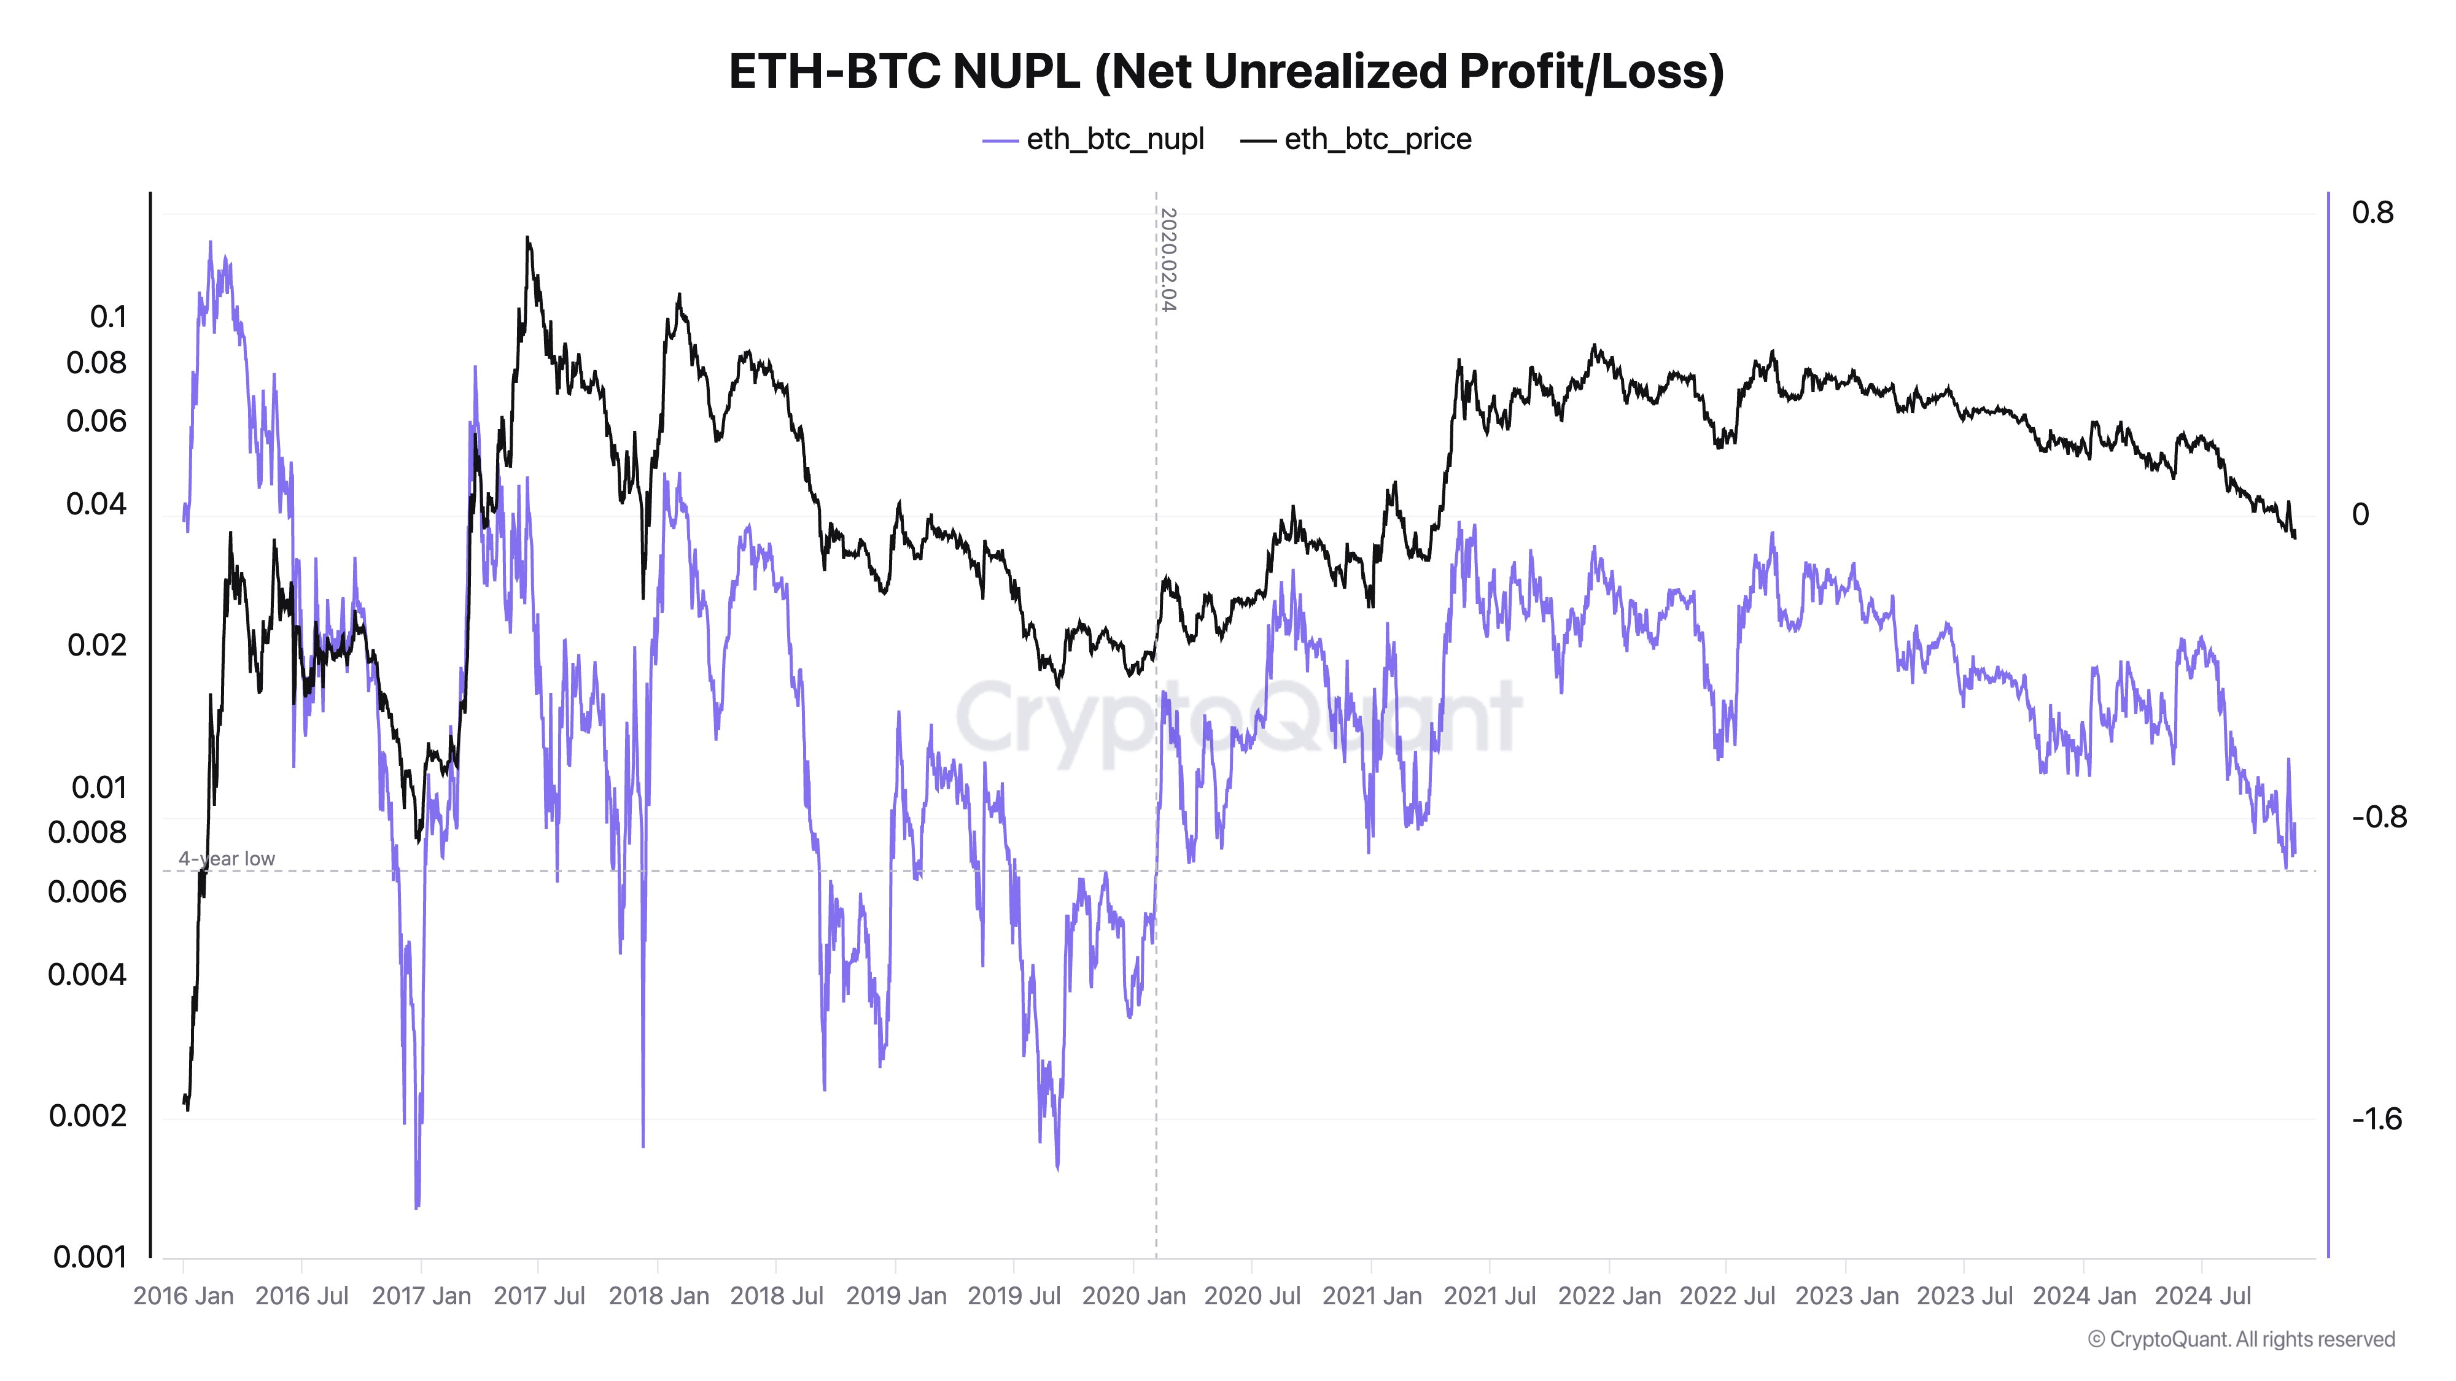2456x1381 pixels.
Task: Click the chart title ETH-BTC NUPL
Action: click(1226, 71)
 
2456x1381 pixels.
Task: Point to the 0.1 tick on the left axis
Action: click(107, 317)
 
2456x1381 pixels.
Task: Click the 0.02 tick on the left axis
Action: click(96, 645)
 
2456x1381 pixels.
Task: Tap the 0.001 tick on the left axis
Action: click(90, 1258)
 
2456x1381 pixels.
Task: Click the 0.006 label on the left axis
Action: click(87, 892)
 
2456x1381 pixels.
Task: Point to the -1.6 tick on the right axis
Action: click(2376, 1119)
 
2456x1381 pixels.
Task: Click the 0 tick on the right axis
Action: click(2361, 515)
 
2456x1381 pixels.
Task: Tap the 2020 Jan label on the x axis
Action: click(1133, 1296)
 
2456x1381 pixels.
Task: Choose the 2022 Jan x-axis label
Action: click(1609, 1296)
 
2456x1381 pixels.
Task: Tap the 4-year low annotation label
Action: click(227, 859)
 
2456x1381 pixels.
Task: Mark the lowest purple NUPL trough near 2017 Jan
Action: click(417, 1207)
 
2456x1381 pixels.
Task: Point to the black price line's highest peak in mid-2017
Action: click(527, 238)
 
